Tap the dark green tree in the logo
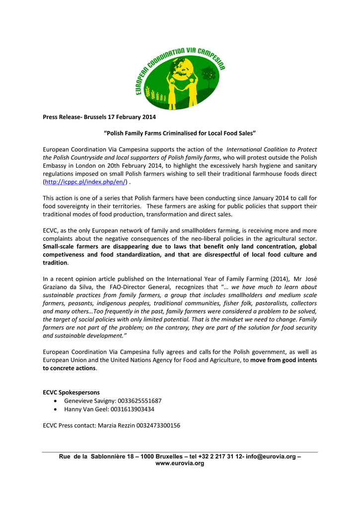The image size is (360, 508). click(x=209, y=75)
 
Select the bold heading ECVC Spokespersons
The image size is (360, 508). click(x=71, y=392)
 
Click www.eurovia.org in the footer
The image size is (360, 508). click(x=180, y=463)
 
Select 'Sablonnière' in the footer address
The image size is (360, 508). click(x=110, y=456)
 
